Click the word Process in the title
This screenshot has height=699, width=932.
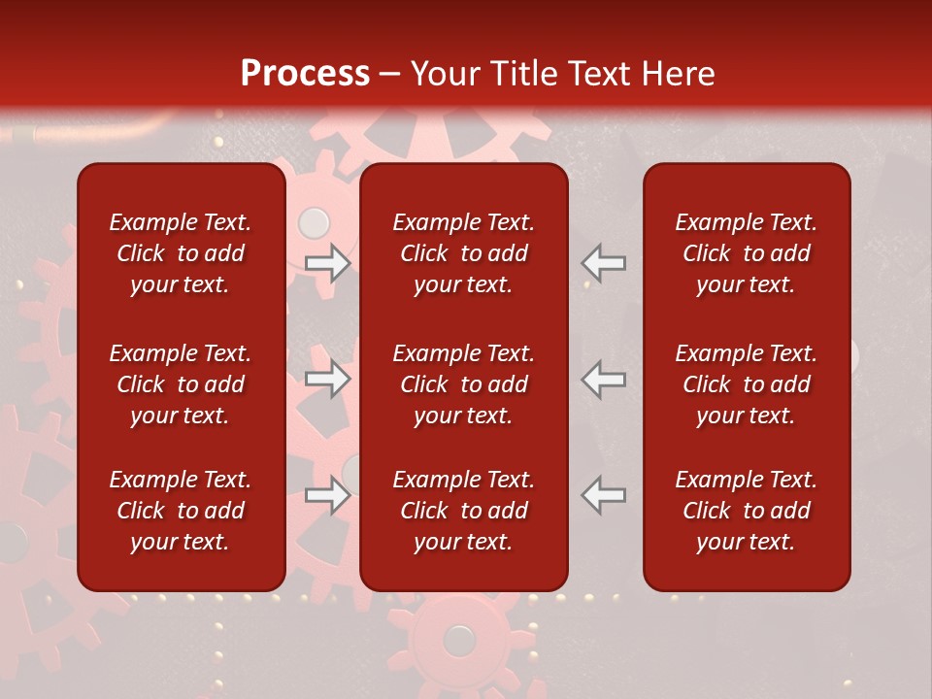tap(305, 74)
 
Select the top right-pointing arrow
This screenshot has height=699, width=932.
tap(328, 263)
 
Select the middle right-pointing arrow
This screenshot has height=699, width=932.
tap(328, 379)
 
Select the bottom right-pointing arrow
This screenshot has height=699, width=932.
tap(328, 495)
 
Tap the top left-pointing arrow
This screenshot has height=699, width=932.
tap(604, 263)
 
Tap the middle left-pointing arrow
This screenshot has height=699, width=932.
tap(604, 379)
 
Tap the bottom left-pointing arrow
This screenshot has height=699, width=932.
tap(604, 495)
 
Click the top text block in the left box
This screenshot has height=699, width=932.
tap(181, 253)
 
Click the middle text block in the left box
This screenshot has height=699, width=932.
tap(181, 384)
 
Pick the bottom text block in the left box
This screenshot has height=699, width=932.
tap(181, 511)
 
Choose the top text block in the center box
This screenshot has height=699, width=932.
tap(463, 253)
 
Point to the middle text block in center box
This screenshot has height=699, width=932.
tap(463, 384)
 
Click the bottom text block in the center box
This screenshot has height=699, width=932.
tap(463, 511)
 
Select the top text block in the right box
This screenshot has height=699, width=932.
tap(746, 253)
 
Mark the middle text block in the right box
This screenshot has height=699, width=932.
tap(746, 384)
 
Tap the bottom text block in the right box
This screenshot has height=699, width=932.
tap(746, 511)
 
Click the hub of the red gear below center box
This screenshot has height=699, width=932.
tap(458, 640)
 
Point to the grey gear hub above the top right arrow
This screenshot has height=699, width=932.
tap(314, 223)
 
